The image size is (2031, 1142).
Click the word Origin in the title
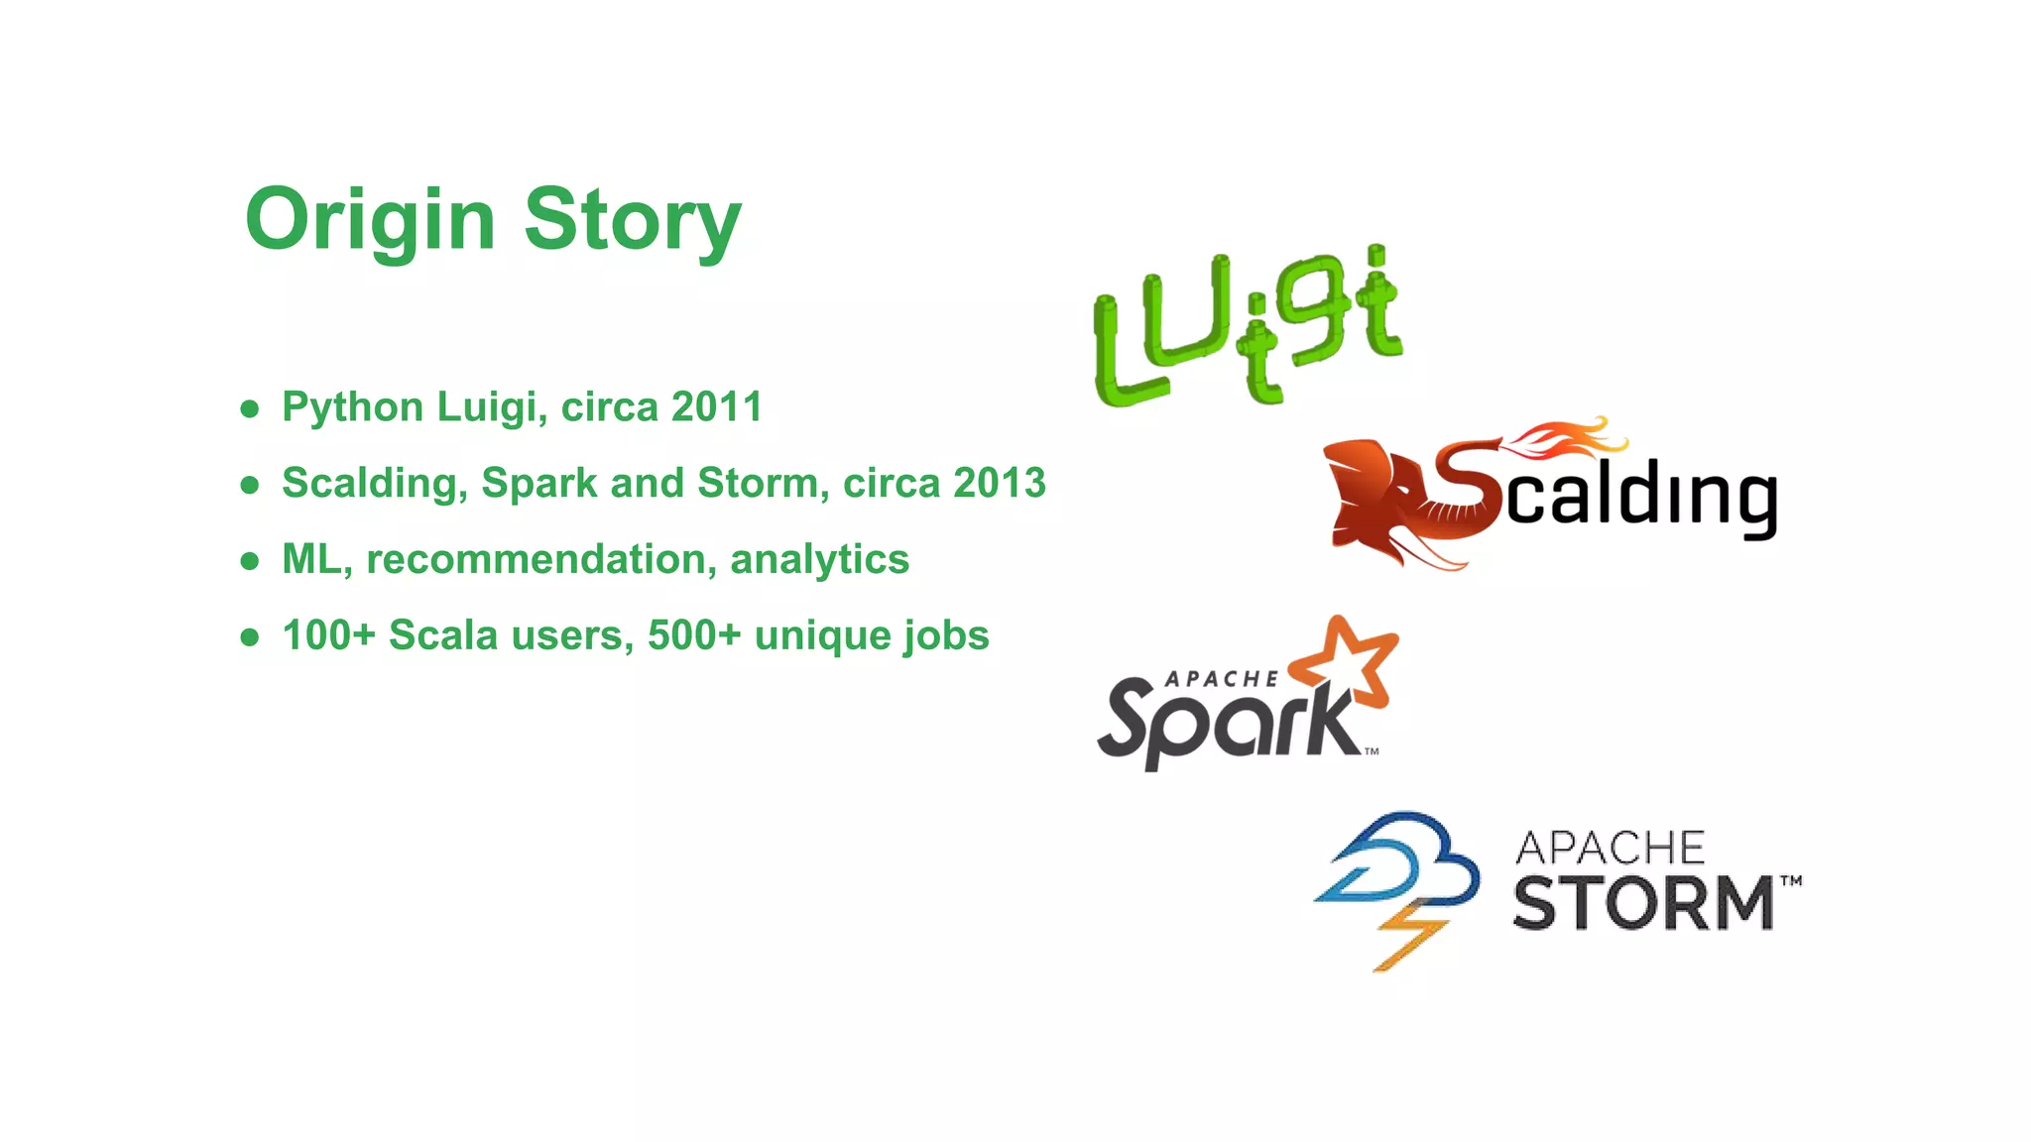coord(370,221)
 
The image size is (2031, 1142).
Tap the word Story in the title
coord(632,221)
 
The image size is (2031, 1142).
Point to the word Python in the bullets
coord(353,407)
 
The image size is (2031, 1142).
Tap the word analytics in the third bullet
coord(820,560)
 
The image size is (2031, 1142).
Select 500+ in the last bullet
coord(694,635)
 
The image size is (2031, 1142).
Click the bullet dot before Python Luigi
coord(250,408)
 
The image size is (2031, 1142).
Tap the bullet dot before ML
coord(250,561)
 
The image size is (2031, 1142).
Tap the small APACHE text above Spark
coord(1221,679)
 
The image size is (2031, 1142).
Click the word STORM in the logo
coord(1642,902)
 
